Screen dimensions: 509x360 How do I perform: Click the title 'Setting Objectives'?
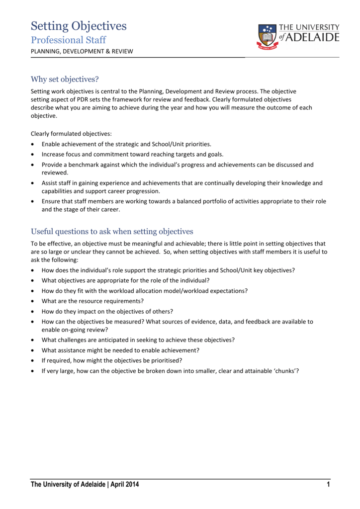click(x=79, y=26)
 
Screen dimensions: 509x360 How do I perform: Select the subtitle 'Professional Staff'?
click(x=68, y=40)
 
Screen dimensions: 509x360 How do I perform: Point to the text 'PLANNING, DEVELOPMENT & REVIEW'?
click(x=82, y=51)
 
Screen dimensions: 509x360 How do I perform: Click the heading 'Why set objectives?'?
click(x=65, y=79)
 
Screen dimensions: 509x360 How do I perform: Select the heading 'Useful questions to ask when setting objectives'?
click(x=112, y=231)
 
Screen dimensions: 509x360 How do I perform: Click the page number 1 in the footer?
click(x=328, y=485)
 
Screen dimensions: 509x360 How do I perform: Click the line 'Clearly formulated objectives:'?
click(x=72, y=134)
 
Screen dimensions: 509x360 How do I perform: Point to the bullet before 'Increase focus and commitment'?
click(x=33, y=154)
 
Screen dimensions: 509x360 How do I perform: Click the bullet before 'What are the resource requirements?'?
click(x=33, y=301)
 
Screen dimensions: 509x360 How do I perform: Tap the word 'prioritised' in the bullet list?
click(x=166, y=360)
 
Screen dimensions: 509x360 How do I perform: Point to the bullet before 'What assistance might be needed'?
click(x=33, y=350)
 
